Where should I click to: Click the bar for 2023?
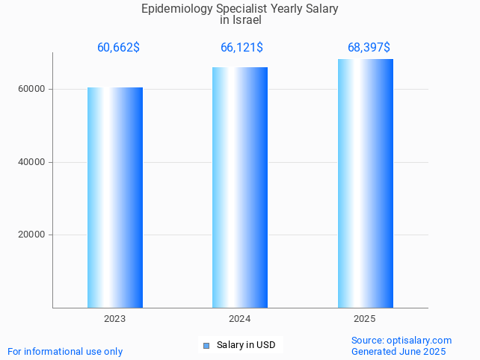[x=115, y=197]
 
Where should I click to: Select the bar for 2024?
[x=240, y=187]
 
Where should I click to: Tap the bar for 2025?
[x=365, y=183]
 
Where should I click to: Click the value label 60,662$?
[x=118, y=48]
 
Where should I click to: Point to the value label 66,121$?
[x=241, y=48]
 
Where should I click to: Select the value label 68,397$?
[x=369, y=48]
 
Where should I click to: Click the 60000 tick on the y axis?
[x=31, y=89]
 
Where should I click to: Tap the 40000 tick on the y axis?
[x=31, y=162]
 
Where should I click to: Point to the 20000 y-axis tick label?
[x=31, y=235]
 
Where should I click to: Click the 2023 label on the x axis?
[x=115, y=319]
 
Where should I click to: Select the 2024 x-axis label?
[x=240, y=319]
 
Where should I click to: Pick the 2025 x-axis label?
[x=365, y=319]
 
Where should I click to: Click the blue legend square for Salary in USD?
[x=206, y=345]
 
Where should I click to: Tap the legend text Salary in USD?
[x=246, y=345]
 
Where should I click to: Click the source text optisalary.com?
[x=419, y=340]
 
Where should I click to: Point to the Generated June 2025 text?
[x=399, y=351]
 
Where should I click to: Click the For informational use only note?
[x=65, y=351]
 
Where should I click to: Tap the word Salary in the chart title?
[x=322, y=9]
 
